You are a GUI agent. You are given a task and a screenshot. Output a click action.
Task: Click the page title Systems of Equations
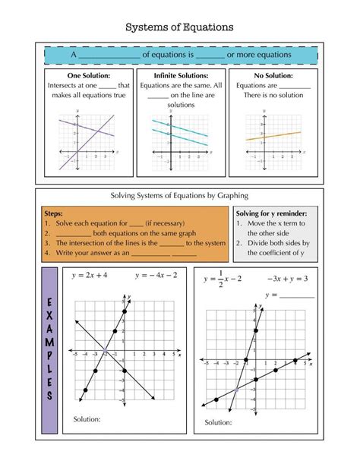point(179,27)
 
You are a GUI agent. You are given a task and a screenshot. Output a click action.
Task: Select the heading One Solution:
point(88,76)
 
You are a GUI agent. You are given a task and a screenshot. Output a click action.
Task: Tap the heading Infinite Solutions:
point(180,76)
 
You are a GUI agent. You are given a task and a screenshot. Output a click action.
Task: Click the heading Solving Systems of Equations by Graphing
point(180,194)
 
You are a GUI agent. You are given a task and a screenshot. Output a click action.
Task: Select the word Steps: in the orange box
point(55,214)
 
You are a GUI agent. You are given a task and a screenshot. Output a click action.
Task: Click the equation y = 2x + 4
point(90,275)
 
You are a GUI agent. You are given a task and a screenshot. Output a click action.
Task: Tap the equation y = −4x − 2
point(156,275)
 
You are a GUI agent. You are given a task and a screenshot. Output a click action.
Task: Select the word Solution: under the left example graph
point(87,418)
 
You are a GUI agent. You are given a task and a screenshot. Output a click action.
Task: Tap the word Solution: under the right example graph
point(218,422)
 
